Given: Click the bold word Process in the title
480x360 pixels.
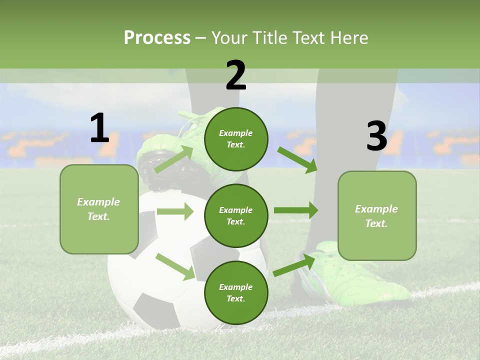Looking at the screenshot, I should tap(157, 37).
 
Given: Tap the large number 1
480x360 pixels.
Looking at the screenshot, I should tap(99, 128).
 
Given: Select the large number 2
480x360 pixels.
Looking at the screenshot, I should tap(236, 75).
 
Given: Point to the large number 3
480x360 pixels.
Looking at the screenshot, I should tap(376, 136).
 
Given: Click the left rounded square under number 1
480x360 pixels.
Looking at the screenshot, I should tap(99, 209).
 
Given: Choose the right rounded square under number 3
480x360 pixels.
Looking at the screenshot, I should tap(377, 215).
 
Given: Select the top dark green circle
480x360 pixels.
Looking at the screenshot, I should tap(236, 139).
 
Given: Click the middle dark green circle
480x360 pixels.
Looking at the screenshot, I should tap(236, 215).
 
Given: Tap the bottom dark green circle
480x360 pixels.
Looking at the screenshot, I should tap(236, 292).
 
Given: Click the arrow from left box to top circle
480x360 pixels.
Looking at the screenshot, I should tap(174, 159).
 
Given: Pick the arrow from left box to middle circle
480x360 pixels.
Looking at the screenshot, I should tap(175, 211).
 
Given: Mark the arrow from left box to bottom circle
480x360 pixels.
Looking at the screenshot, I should tap(175, 266).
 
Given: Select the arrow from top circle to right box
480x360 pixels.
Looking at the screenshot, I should tap(297, 159).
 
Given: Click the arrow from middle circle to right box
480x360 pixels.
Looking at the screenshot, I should tap(296, 210).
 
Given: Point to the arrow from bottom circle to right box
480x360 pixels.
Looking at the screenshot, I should tap(294, 264).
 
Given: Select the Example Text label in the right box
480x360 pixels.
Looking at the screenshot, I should tap(376, 216).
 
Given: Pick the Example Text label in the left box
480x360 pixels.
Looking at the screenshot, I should tap(98, 209).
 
